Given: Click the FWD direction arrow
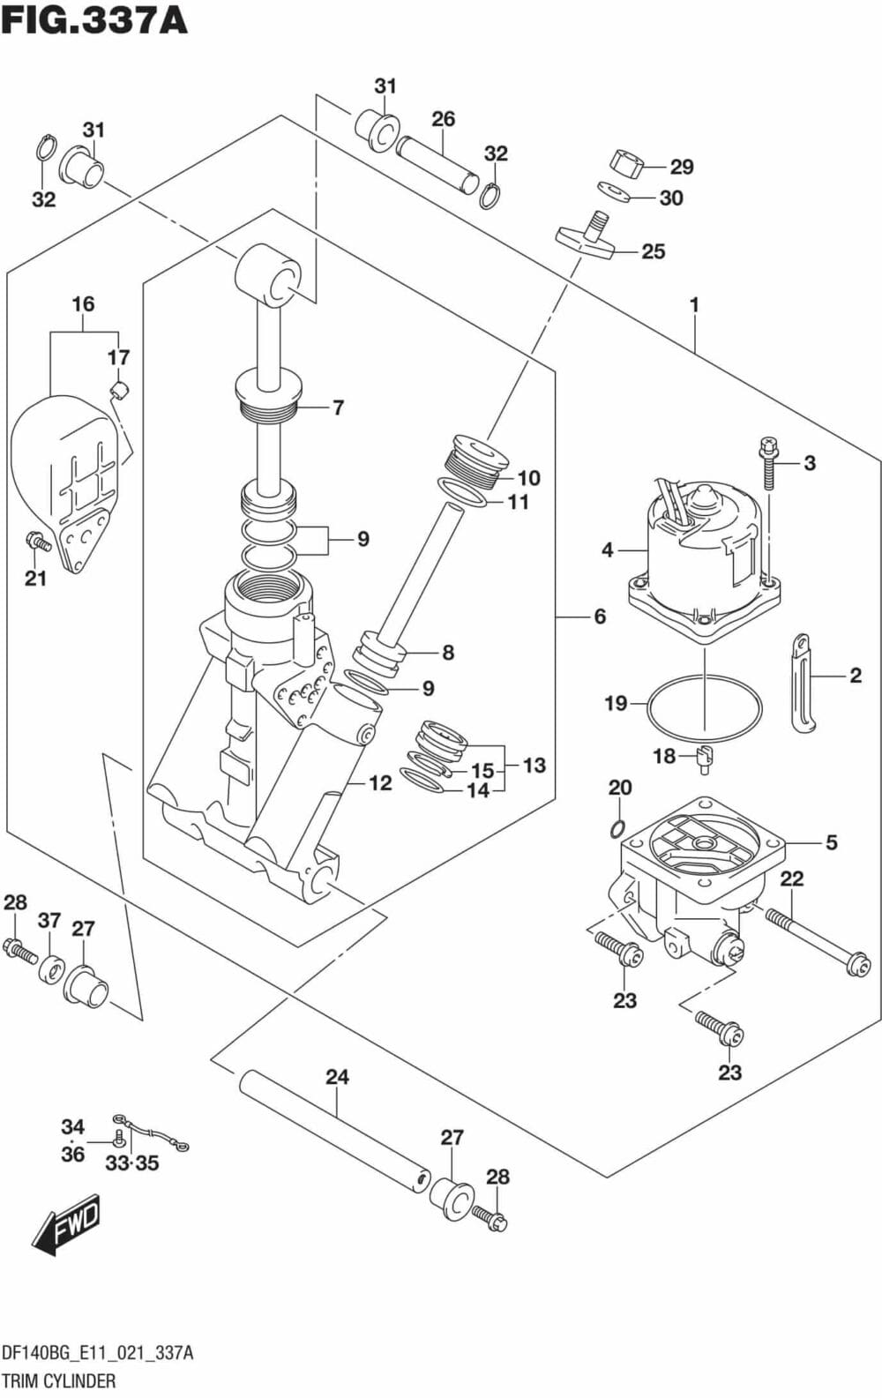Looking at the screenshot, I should click(x=66, y=1225).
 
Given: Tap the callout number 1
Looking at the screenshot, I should click(x=694, y=304).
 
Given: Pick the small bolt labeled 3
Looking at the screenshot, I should click(x=768, y=461).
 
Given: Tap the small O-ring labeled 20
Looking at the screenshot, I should click(x=618, y=828).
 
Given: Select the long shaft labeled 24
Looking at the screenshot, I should click(x=333, y=1131).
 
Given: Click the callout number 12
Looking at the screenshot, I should click(x=379, y=782).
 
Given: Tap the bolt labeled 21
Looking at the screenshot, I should click(x=37, y=540).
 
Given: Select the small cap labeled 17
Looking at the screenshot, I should click(x=120, y=389).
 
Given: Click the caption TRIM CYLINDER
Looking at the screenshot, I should click(x=58, y=1380).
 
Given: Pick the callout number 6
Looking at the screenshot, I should click(x=599, y=616).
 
